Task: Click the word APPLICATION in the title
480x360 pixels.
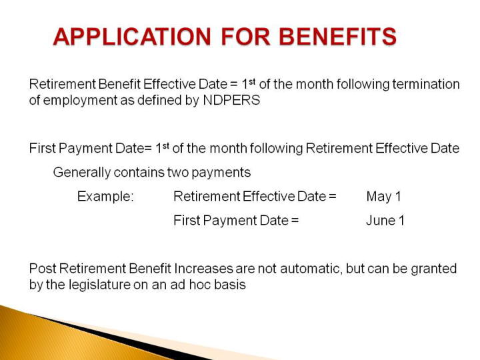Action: tap(132, 37)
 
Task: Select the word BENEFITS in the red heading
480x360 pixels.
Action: tap(337, 37)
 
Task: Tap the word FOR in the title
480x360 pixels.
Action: tap(245, 37)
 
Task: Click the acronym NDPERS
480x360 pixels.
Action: tap(231, 100)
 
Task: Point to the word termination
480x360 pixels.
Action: tap(426, 84)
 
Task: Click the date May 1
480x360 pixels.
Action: tap(383, 197)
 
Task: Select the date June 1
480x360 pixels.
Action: tap(385, 221)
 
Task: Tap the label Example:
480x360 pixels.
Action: tap(105, 197)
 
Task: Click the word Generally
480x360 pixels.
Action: tap(81, 173)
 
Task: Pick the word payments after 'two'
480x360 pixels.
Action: tap(221, 173)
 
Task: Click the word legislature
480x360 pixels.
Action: tap(100, 285)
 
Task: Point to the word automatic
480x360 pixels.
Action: tap(311, 269)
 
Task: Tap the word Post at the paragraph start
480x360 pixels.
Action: tap(43, 269)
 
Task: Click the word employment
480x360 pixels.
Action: tap(80, 101)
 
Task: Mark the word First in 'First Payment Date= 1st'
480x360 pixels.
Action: tap(42, 149)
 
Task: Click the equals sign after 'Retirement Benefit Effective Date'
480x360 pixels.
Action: tap(233, 85)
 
